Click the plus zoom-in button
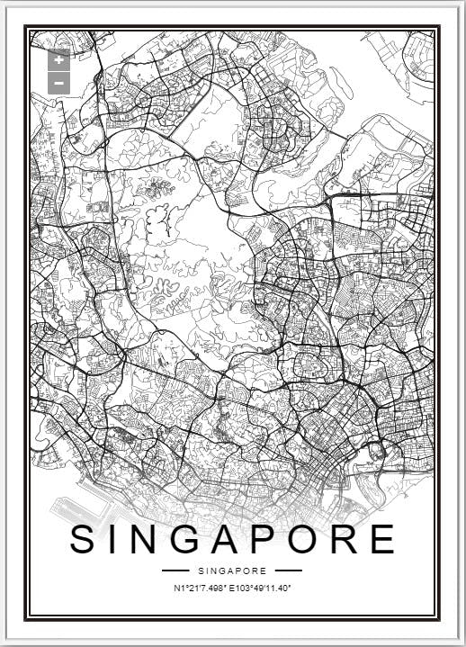click(58, 60)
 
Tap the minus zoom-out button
click(58, 83)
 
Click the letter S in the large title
click(85, 539)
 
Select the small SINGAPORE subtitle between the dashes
click(232, 571)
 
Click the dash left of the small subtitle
click(175, 571)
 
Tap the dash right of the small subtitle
click(289, 571)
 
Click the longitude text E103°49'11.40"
click(261, 589)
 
